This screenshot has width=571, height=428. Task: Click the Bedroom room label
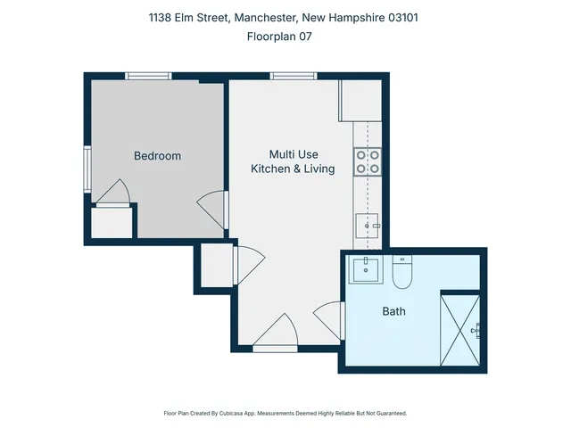pos(157,156)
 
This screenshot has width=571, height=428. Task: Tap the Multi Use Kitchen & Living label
pos(293,161)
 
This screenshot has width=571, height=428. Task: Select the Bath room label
pos(393,311)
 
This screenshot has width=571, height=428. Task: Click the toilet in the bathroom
pos(402,272)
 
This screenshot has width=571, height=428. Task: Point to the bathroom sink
pos(364,268)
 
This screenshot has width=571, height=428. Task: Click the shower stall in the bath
pos(460,329)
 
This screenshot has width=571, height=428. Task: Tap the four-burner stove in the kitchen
pos(368,160)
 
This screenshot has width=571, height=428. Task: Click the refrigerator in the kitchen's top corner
pos(360,100)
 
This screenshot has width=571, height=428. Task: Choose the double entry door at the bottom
pos(277,333)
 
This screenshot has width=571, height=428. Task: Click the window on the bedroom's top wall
pos(148,76)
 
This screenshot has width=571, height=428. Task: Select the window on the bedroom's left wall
pos(87,169)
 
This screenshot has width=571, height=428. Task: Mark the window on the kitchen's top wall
pos(294,76)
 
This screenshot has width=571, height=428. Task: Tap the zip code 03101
pos(424,18)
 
